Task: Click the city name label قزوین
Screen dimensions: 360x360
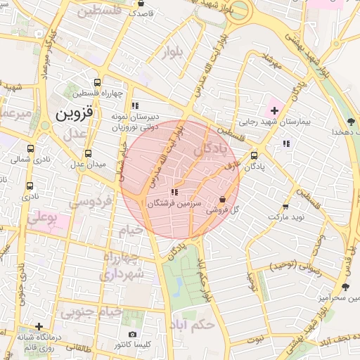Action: click(73, 112)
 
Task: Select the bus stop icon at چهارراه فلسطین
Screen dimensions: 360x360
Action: click(106, 82)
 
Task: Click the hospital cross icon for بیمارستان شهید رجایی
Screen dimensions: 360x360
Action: click(274, 110)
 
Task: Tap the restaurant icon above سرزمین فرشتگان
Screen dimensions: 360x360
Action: click(174, 192)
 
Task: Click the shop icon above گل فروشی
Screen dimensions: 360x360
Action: click(223, 200)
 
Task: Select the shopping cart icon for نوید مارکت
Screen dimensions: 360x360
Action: click(285, 207)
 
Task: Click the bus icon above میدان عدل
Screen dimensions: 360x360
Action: click(88, 153)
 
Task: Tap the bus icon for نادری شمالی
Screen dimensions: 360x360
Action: click(30, 149)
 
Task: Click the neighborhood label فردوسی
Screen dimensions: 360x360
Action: click(91, 202)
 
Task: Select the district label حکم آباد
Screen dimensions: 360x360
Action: click(191, 325)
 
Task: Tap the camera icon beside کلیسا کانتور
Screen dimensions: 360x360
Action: click(133, 334)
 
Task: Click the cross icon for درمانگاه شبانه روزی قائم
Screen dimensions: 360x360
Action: click(39, 326)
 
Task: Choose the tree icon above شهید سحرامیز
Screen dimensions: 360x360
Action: click(345, 287)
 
